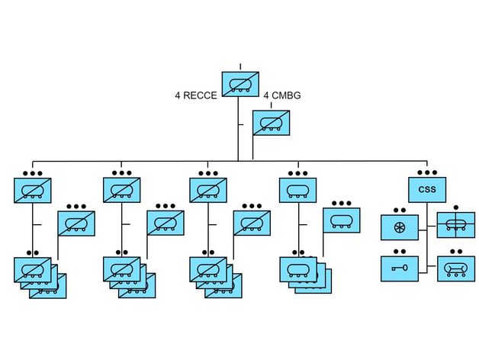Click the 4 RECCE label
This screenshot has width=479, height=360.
[196, 95]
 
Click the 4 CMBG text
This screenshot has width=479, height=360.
[282, 95]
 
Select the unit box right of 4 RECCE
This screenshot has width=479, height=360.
[240, 84]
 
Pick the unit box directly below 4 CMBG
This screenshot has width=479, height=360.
[272, 123]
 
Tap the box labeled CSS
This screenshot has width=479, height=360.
[426, 189]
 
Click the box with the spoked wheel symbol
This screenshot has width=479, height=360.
[400, 227]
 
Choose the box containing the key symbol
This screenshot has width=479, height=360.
[400, 268]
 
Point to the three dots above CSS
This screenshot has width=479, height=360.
[426, 172]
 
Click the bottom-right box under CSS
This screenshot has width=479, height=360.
[455, 268]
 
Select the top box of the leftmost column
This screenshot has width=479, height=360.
[33, 189]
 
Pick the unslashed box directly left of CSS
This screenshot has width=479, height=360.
[297, 189]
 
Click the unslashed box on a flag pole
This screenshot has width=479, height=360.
[342, 220]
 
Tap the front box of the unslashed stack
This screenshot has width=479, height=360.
[297, 268]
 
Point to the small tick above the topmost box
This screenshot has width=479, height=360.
[240, 66]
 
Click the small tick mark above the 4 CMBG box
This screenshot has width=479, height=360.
[271, 105]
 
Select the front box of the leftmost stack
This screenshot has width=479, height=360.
[33, 268]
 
